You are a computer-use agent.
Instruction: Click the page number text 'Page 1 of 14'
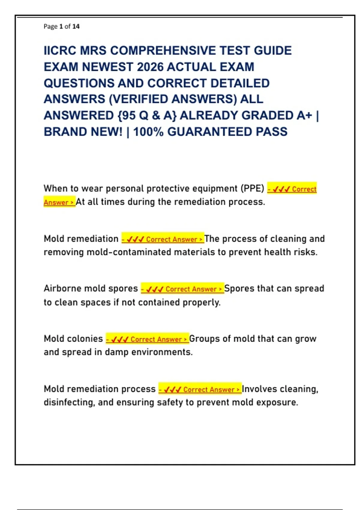tap(61, 26)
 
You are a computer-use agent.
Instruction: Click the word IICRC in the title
tap(60, 51)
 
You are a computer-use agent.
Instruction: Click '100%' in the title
tap(148, 132)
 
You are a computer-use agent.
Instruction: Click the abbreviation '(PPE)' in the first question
tap(252, 188)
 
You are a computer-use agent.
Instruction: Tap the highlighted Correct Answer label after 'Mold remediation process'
tap(200, 389)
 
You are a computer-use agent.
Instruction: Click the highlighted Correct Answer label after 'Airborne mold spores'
tap(182, 289)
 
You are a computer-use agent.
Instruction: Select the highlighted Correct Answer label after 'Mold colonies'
tap(147, 339)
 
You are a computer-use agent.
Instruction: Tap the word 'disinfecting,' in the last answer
tap(69, 402)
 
